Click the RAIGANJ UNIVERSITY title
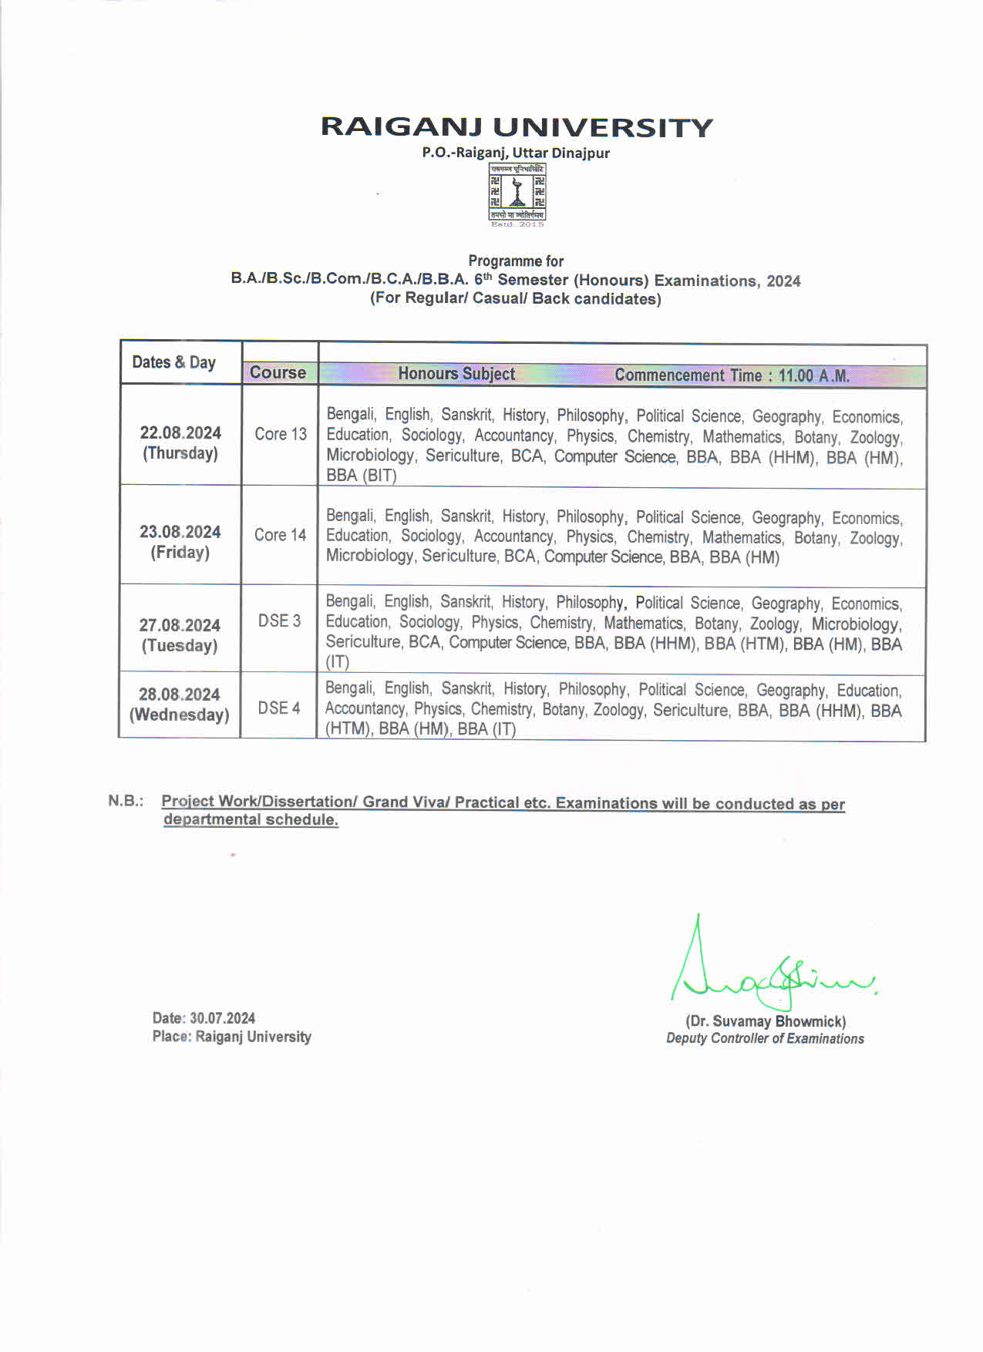tap(517, 127)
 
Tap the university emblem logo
tap(517, 193)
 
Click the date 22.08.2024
tap(180, 433)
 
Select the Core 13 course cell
tap(281, 435)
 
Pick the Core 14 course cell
tap(280, 535)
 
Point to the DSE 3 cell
tap(279, 621)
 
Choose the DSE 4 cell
tap(278, 708)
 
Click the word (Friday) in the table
tap(180, 553)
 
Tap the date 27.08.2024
tap(180, 625)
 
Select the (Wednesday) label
tap(179, 715)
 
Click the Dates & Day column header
tap(173, 362)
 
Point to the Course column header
tap(278, 373)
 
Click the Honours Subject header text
tap(456, 374)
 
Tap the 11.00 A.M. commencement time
tap(813, 376)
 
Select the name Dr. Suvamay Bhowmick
tap(766, 1021)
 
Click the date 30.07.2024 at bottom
tap(222, 1018)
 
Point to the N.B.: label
tap(126, 801)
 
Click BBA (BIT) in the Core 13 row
tap(361, 476)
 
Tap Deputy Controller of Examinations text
tap(765, 1039)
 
